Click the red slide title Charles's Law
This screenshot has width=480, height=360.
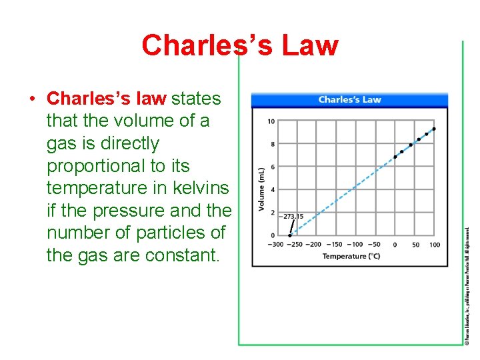[x=239, y=45]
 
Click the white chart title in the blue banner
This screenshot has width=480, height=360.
[x=349, y=100]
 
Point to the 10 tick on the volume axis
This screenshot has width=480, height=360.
[x=271, y=121]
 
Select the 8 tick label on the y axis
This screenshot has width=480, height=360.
[x=272, y=144]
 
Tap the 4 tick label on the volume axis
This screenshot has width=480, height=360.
[x=272, y=190]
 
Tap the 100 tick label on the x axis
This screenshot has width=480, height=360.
[x=435, y=245]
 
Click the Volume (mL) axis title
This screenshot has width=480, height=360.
[x=261, y=189]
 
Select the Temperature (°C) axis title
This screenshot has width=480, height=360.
[x=351, y=256]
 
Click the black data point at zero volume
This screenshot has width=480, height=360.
[x=289, y=235]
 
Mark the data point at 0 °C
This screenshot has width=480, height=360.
[x=395, y=157]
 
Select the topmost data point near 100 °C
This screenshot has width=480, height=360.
[x=434, y=129]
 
